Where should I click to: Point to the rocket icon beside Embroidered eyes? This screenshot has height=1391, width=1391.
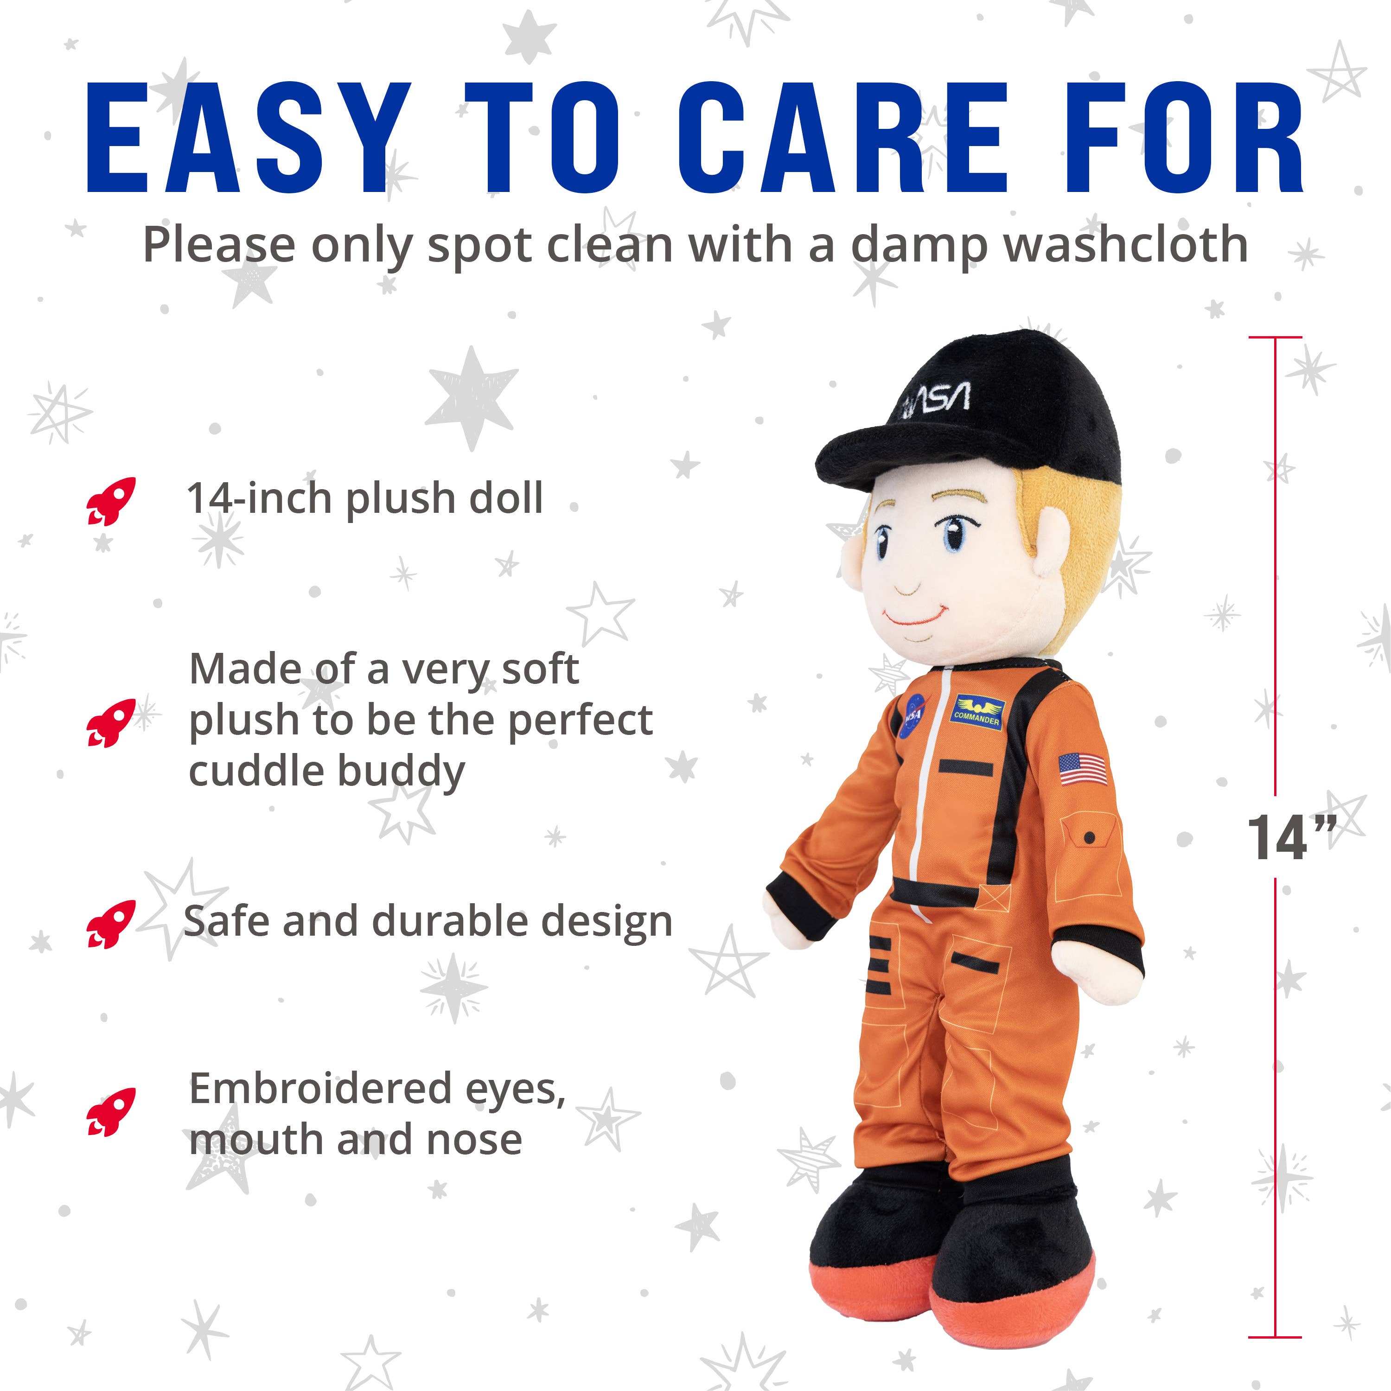[111, 1112]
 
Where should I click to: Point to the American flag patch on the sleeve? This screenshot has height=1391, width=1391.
[1083, 769]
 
